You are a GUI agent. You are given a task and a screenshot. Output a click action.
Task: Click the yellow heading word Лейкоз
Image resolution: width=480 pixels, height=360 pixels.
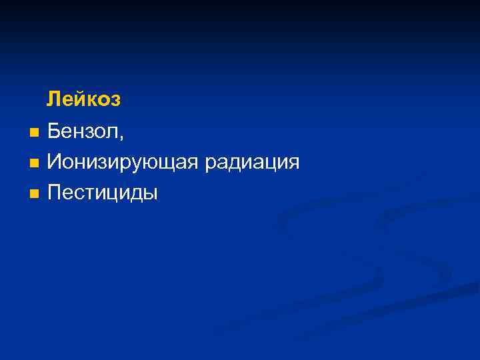83,100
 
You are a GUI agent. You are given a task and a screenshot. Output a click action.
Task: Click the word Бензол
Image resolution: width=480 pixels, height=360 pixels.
83,131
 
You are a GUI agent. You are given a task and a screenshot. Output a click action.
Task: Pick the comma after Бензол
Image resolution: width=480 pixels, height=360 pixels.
121,137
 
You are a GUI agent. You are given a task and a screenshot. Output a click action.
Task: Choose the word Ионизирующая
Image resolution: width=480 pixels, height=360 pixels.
123,163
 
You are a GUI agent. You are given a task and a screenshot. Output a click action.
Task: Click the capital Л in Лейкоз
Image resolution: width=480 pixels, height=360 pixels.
53,100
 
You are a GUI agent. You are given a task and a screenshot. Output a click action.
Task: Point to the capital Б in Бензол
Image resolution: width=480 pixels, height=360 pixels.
54,131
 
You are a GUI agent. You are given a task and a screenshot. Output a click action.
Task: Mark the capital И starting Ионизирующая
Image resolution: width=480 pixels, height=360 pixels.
55,162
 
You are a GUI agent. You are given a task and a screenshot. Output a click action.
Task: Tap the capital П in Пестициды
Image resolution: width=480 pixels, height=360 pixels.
55,193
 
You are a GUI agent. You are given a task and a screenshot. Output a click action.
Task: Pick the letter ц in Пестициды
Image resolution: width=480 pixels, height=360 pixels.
113,195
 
